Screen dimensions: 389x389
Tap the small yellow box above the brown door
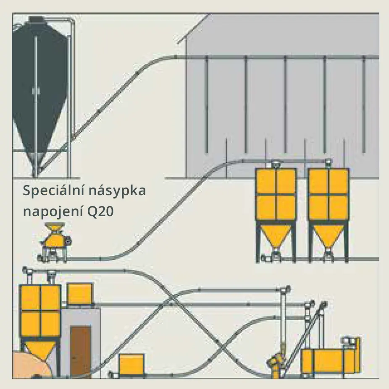coord(80,294)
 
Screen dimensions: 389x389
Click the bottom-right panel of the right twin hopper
coord(339,208)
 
